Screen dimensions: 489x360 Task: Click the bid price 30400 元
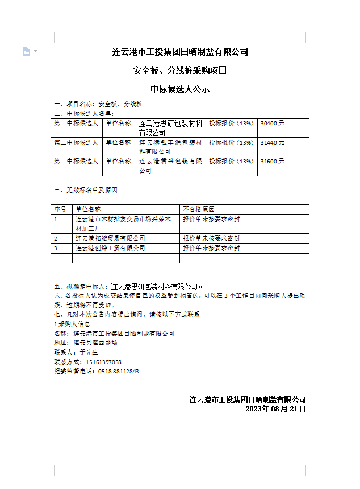[x=273, y=123]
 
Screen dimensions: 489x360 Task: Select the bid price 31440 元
[x=273, y=142]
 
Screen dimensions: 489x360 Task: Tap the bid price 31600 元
[x=273, y=161]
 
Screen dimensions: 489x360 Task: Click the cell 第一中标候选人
[x=76, y=123]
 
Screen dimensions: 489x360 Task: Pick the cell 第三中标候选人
[x=76, y=161]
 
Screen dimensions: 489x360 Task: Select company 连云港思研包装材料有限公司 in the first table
[x=170, y=128]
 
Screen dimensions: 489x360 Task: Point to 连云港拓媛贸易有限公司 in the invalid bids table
[x=110, y=238]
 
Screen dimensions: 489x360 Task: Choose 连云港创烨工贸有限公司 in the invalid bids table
[x=110, y=248]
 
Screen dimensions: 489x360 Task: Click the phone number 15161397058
[x=103, y=362]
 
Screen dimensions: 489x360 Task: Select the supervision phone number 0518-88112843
[x=118, y=372]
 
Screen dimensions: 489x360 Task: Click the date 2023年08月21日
[x=275, y=408]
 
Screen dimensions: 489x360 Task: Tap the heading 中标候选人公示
[x=180, y=89]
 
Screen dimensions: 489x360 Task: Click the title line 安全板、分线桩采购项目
[x=180, y=71]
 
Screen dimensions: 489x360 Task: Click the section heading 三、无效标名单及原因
[x=85, y=191]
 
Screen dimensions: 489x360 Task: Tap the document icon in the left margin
[x=26, y=52]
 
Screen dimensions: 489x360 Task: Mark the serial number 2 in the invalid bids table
[x=56, y=238]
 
